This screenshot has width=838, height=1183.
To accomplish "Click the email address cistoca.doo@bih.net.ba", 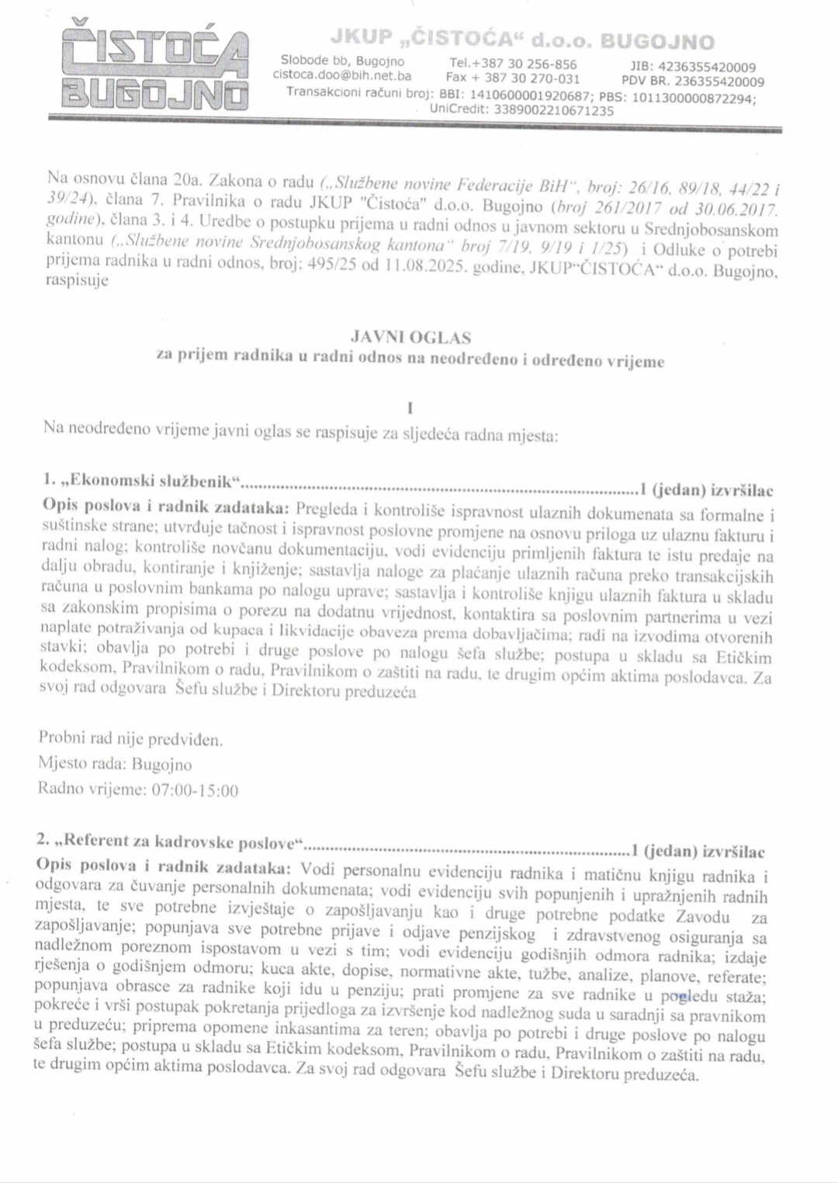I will [x=342, y=76].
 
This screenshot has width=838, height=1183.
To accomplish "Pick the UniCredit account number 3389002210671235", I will [x=548, y=110].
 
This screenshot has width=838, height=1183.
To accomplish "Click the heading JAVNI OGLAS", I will [x=411, y=337].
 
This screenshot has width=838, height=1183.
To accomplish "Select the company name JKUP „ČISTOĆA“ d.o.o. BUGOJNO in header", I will [x=522, y=40].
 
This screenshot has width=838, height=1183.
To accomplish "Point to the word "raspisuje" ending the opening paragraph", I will [x=78, y=281].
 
